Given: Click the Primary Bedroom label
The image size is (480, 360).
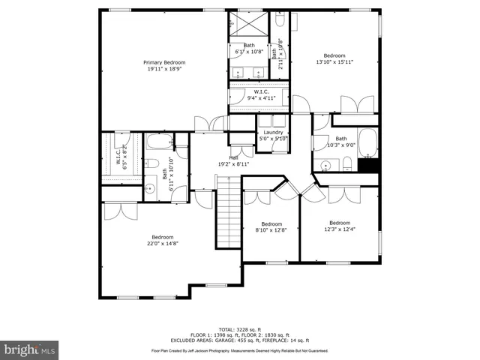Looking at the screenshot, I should (x=164, y=62).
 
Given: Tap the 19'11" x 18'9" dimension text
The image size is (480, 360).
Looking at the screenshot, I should (x=164, y=69).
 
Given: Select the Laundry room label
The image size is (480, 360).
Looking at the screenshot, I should (x=273, y=133).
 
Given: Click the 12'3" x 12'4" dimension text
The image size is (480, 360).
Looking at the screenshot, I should (x=339, y=229).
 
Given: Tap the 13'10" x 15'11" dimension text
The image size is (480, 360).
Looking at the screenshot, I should (x=334, y=62).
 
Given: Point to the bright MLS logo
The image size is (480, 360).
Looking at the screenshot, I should (x=30, y=349).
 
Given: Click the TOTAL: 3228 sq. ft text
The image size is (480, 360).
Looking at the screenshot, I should (x=239, y=329).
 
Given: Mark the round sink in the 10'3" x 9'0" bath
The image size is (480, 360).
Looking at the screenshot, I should (x=325, y=166).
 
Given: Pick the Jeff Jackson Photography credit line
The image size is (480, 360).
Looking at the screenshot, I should (x=239, y=350).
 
